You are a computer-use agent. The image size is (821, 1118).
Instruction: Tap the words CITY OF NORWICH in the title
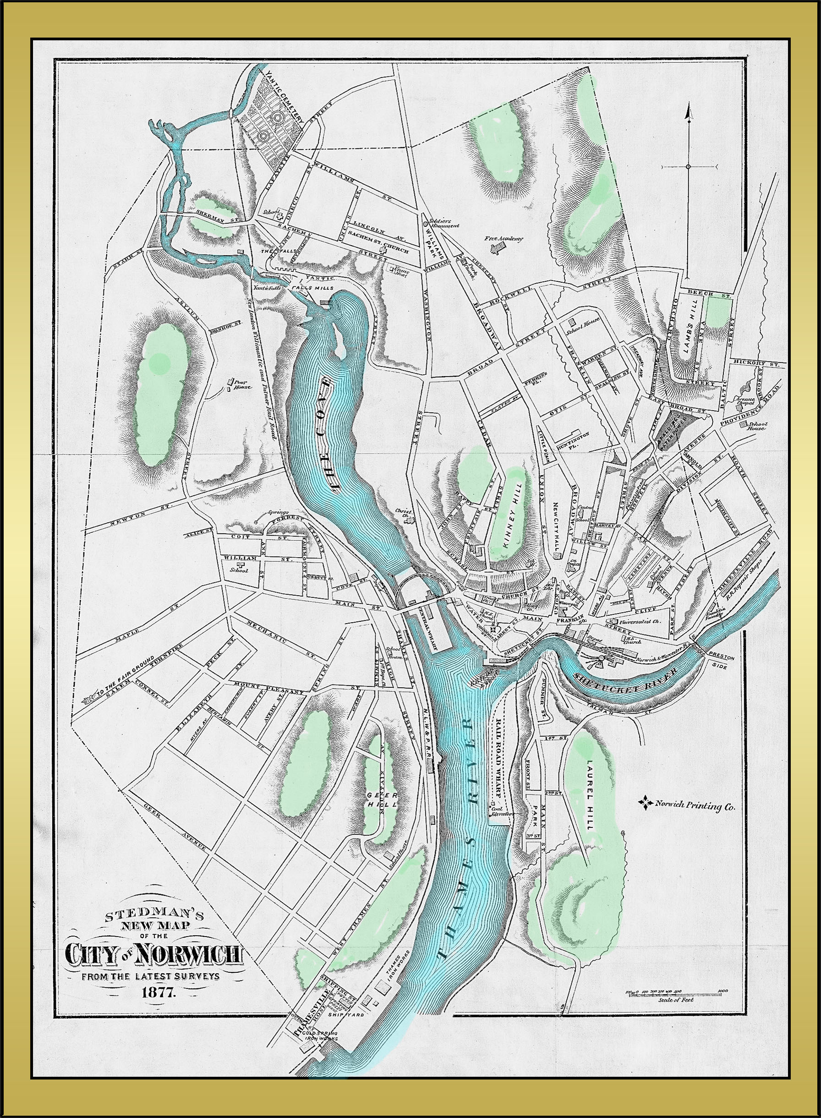tap(154, 954)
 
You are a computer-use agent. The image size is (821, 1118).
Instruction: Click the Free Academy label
tap(504, 239)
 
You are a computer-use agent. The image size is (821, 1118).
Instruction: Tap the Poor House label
tap(243, 384)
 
